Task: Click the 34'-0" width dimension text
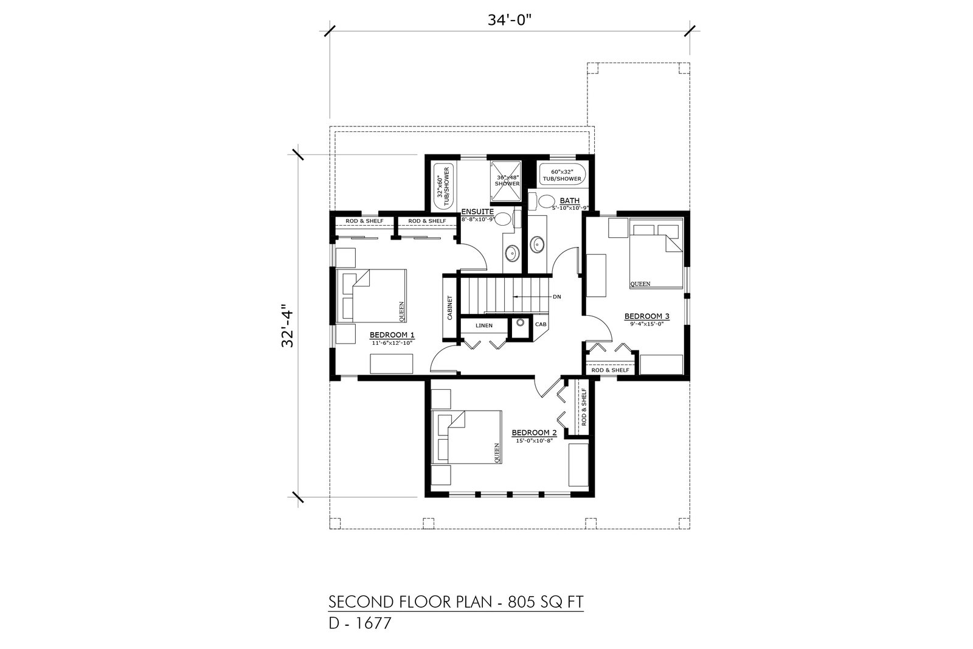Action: pos(510,21)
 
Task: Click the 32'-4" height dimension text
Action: pos(288,325)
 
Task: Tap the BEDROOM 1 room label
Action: pos(392,335)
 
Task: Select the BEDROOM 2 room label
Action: pos(534,432)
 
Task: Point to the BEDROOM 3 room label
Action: pos(647,316)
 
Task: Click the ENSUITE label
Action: pos(477,212)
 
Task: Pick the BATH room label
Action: pos(569,201)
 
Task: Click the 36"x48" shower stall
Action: pos(506,181)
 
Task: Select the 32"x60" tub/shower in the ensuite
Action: pos(443,187)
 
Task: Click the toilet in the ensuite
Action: pos(505,218)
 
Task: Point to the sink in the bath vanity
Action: pos(538,245)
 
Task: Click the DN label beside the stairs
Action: pos(557,297)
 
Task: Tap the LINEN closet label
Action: pos(484,325)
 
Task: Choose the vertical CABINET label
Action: pos(449,308)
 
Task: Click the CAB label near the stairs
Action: pos(541,325)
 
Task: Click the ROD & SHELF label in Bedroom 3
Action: pos(611,370)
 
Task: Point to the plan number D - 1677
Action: pos(359,624)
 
